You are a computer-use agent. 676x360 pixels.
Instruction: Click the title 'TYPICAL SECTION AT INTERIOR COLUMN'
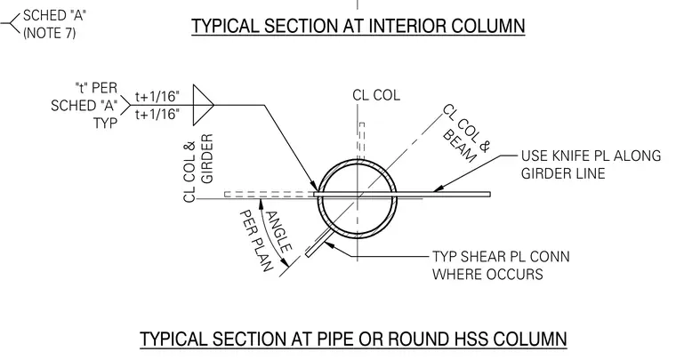(358, 26)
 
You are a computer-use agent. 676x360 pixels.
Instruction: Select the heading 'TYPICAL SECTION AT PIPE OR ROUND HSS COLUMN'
(353, 339)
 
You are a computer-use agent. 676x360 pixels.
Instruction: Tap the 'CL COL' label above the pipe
(376, 95)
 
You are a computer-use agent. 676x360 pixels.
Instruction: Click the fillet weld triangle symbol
(203, 105)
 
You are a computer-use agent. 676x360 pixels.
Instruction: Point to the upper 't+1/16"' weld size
(157, 96)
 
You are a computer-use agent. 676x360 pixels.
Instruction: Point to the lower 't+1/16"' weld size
(157, 114)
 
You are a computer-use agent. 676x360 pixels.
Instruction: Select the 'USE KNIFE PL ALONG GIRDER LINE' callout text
(591, 164)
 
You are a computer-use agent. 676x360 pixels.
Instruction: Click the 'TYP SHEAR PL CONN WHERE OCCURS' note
(501, 265)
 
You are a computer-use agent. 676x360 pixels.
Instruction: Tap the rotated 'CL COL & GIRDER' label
(198, 168)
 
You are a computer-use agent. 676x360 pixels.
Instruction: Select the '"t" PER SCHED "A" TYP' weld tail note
(84, 106)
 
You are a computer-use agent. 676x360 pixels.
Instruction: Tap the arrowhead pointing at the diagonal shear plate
(328, 245)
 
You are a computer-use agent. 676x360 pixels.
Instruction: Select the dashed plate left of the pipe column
(269, 194)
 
